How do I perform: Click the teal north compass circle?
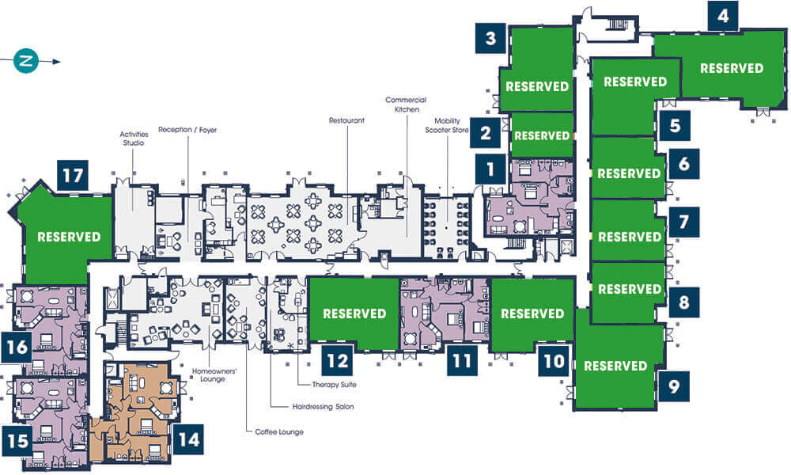26,61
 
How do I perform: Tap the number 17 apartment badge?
73,175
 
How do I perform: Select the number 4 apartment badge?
723,16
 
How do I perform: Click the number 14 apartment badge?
189,439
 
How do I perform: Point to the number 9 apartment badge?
674,386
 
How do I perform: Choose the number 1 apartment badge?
490,169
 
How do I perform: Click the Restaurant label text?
346,120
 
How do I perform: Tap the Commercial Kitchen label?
406,104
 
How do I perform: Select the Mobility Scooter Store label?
447,125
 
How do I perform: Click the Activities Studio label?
134,139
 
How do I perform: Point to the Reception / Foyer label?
187,130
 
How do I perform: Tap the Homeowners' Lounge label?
214,375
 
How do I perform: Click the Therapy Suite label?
334,385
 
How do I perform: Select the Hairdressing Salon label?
323,406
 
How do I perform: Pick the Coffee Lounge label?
279,431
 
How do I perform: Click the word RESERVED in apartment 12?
354,313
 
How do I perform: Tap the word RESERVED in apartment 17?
69,237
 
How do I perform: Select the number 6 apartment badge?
683,164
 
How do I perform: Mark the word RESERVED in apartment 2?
542,136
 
